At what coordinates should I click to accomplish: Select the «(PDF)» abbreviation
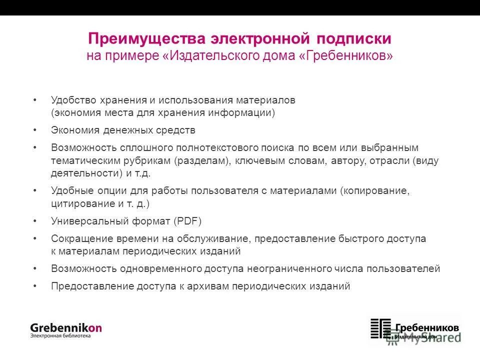pyautogui.click(x=187, y=221)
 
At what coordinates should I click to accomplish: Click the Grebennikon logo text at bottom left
pyautogui.click(x=65, y=327)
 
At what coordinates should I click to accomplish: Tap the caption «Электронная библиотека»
pyautogui.click(x=60, y=336)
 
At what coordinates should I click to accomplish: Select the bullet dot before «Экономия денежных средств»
pyautogui.click(x=34, y=130)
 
